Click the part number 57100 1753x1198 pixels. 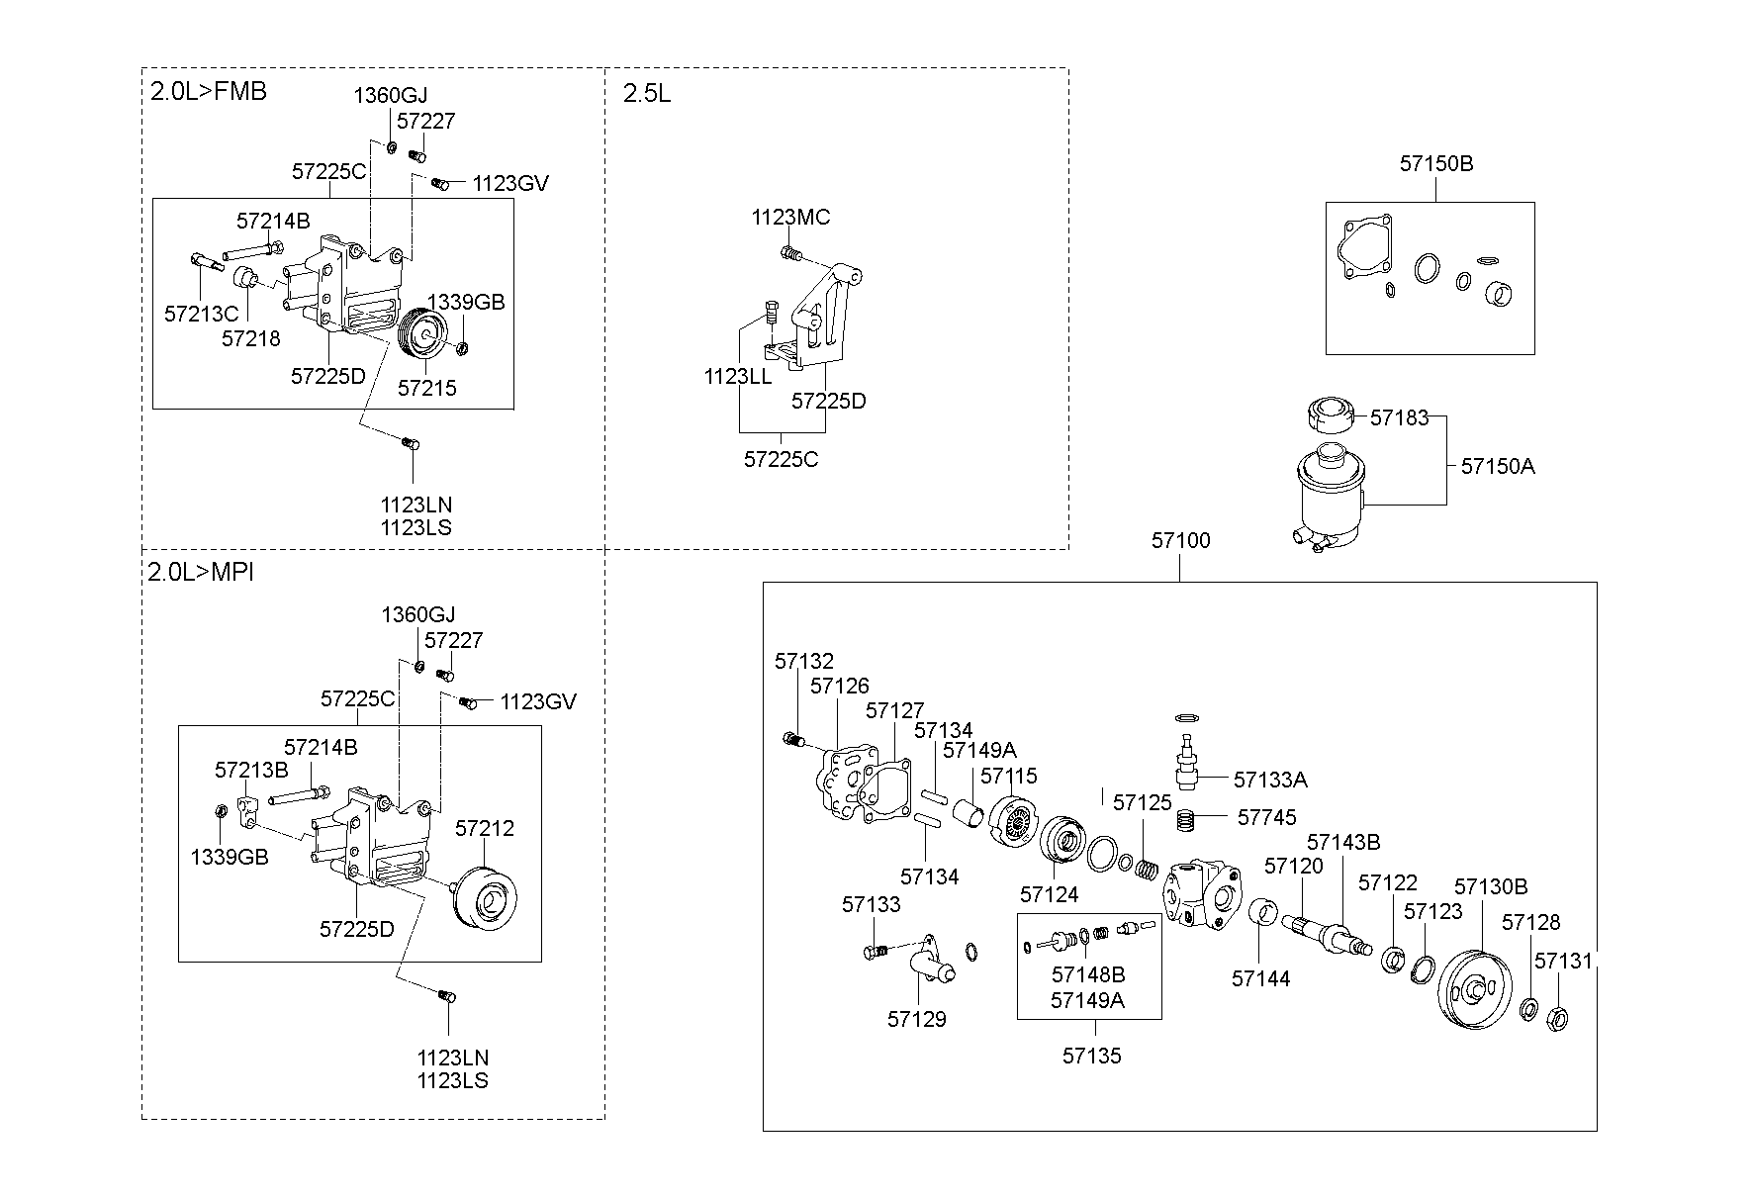click(1180, 541)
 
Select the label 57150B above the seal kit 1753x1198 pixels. click(1435, 164)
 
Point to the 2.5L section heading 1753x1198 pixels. click(647, 94)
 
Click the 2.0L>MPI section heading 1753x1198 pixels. click(201, 573)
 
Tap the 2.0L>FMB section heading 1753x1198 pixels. click(208, 92)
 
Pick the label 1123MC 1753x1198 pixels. click(790, 218)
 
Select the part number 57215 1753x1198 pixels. click(427, 388)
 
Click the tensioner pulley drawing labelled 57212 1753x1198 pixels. click(485, 897)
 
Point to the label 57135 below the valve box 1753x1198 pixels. click(1092, 1057)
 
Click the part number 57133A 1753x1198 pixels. click(1270, 781)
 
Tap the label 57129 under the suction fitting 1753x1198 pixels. click(917, 1020)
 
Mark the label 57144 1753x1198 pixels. click(1260, 979)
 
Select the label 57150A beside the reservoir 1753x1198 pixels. click(1498, 466)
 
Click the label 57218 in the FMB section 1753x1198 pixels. click(251, 339)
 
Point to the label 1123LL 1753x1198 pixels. click(738, 377)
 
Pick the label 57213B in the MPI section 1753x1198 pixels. click(251, 770)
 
